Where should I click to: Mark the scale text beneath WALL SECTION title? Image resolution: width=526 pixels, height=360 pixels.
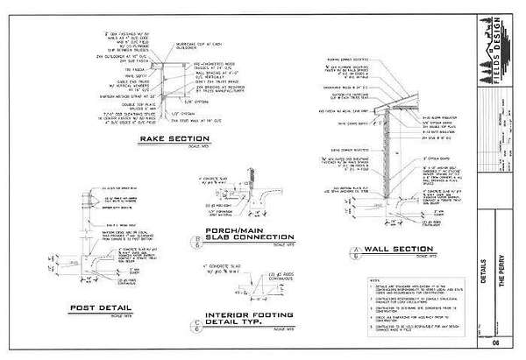coord(428,256)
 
